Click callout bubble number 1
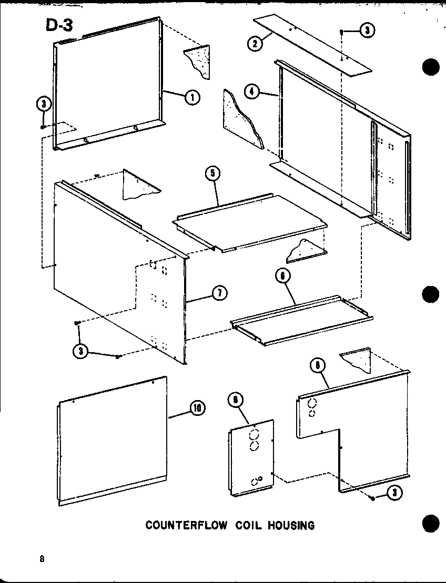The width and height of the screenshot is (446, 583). coord(192,97)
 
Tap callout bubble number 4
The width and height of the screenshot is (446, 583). coord(252,91)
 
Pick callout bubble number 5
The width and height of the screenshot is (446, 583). coord(213,175)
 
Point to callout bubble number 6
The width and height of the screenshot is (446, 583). coord(282,275)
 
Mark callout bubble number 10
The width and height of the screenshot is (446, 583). coord(198,407)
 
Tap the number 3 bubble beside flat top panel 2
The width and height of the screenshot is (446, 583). coord(367,31)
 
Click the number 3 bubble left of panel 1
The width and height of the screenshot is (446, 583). coord(44,104)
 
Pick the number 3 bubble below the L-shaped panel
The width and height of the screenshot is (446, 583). coord(392,492)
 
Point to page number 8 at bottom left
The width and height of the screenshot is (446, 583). coord(40,558)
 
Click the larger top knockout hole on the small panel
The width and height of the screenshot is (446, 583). coord(255,435)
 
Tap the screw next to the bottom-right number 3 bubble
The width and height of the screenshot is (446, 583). coord(372,497)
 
